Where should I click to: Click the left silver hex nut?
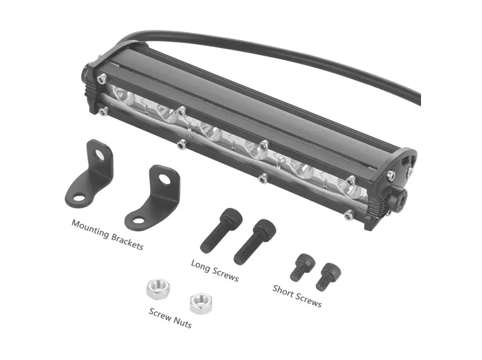(x=158, y=289)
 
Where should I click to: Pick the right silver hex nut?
(x=201, y=304)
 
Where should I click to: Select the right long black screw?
(x=254, y=242)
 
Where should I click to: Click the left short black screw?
(x=303, y=267)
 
